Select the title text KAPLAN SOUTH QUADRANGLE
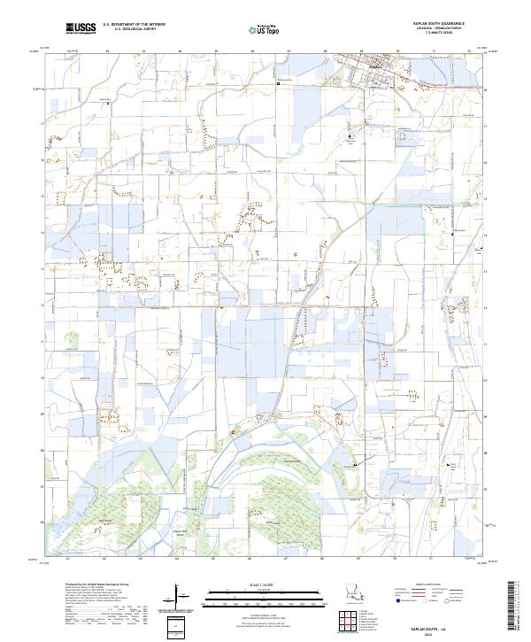point(437,23)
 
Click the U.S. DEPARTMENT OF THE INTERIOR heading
point(129,25)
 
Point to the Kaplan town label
point(374,65)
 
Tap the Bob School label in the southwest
point(106,521)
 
